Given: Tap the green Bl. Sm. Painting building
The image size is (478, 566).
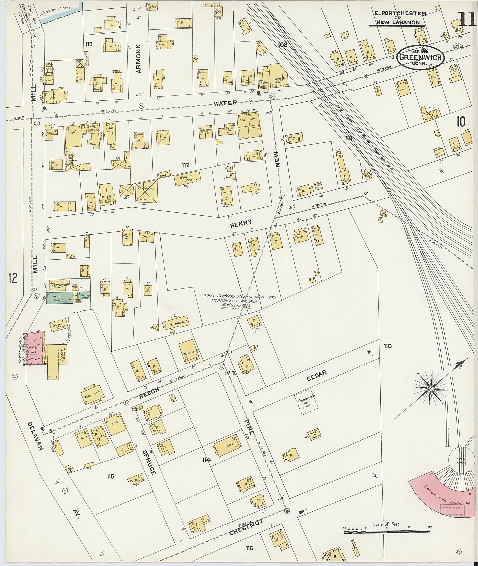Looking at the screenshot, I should [x=59, y=298].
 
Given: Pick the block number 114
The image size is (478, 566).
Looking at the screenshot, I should [x=206, y=459].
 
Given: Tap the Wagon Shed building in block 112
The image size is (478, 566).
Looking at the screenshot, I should [x=187, y=178].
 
